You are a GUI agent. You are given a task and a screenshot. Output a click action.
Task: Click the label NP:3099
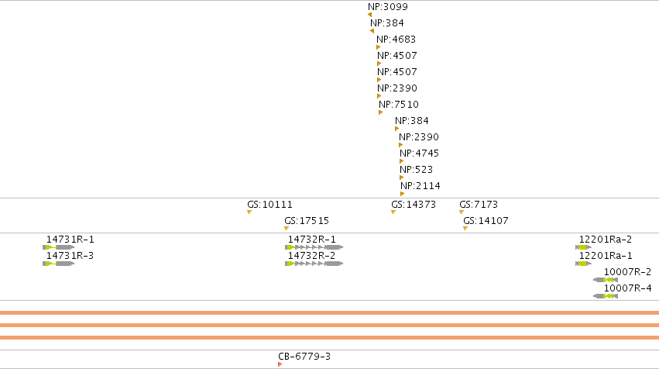pyautogui.click(x=387, y=7)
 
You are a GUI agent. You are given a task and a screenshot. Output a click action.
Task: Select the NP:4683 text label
pyautogui.click(x=396, y=40)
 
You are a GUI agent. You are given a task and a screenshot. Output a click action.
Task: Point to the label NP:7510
pyautogui.click(x=399, y=105)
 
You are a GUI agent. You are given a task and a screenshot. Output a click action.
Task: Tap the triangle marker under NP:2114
pyautogui.click(x=402, y=194)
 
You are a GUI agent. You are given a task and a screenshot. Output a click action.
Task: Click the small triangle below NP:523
pyautogui.click(x=401, y=178)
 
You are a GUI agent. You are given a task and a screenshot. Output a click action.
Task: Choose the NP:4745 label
pyautogui.click(x=419, y=153)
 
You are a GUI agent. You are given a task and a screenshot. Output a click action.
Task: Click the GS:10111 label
pyautogui.click(x=269, y=205)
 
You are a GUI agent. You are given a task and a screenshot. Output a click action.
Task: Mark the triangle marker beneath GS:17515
pyautogui.click(x=287, y=229)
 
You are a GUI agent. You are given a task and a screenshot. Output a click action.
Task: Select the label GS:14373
pyautogui.click(x=414, y=205)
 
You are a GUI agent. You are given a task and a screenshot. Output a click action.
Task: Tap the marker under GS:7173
pyautogui.click(x=462, y=212)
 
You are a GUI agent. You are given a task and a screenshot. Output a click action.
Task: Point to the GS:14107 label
pyautogui.click(x=486, y=221)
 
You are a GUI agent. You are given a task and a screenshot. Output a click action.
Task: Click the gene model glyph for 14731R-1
pyautogui.click(x=58, y=247)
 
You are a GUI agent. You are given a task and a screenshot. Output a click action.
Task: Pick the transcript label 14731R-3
pyautogui.click(x=70, y=256)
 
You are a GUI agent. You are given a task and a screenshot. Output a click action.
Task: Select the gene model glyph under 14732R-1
pyautogui.click(x=314, y=247)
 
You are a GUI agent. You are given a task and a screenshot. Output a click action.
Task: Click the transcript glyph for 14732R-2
pyautogui.click(x=314, y=264)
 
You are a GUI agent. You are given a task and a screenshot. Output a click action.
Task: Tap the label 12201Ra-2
pyautogui.click(x=606, y=240)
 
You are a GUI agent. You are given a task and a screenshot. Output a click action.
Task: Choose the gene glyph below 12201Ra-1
pyautogui.click(x=583, y=264)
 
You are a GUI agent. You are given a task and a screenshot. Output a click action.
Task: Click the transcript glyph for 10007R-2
pyautogui.click(x=606, y=280)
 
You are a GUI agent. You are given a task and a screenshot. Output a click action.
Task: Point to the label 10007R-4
pyautogui.click(x=627, y=288)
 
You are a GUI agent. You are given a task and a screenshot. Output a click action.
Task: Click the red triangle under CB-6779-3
pyautogui.click(x=280, y=364)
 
